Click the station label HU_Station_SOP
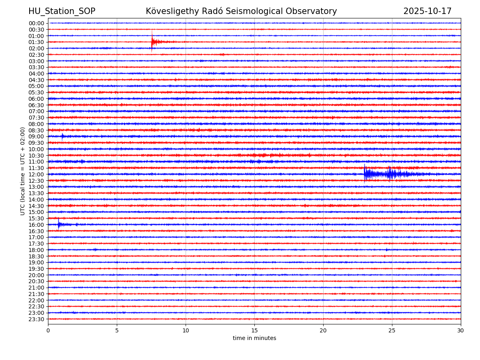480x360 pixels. [x=62, y=11]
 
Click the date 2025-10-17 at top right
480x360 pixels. [x=427, y=11]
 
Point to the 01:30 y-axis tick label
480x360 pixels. [x=36, y=42]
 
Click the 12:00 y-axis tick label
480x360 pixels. [x=36, y=174]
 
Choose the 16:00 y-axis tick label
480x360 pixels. [x=36, y=225]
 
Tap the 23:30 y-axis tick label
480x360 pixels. [x=36, y=319]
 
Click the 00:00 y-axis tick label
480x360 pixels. [x=36, y=23]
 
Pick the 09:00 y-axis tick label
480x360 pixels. [x=36, y=136]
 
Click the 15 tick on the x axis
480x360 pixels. [x=254, y=330]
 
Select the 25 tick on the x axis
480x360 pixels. [x=392, y=330]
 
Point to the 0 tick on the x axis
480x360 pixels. [x=48, y=330]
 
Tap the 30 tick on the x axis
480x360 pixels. [x=461, y=330]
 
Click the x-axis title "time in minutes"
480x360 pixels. [x=254, y=338]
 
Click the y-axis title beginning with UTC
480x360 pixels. [x=23, y=171]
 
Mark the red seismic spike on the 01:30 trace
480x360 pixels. [x=152, y=42]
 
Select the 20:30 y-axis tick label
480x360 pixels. [x=36, y=281]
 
